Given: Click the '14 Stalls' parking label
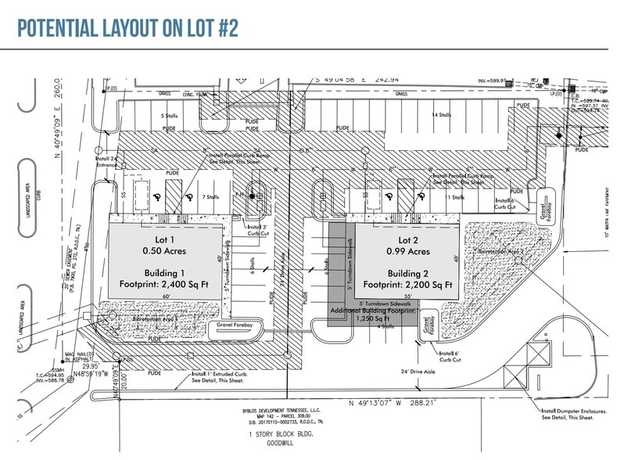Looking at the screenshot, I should [x=441, y=115].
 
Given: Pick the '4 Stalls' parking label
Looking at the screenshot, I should [x=385, y=326].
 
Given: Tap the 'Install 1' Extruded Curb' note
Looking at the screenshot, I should [x=220, y=375].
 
